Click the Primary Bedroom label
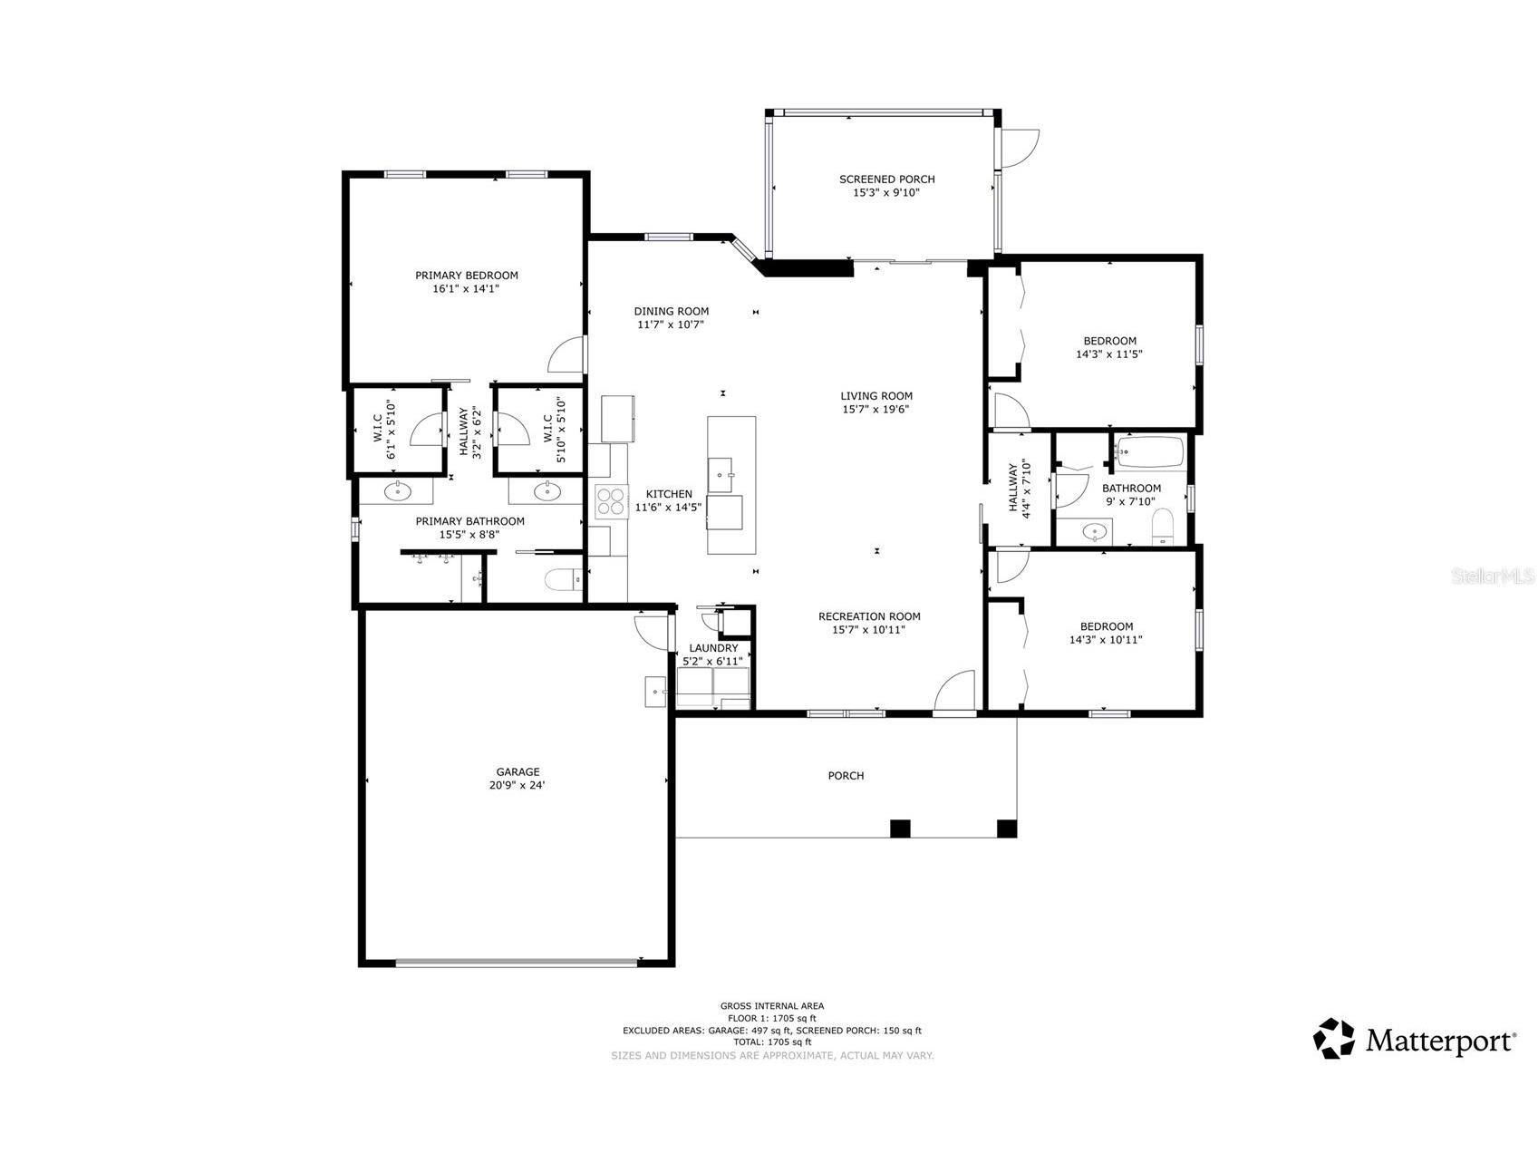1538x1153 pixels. coord(466,276)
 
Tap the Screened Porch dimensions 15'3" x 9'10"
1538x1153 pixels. coord(886,192)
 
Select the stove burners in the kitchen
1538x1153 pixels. coord(611,501)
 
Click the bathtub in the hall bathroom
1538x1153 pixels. coord(1150,451)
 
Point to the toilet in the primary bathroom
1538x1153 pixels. coord(565,579)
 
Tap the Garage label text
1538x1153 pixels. coord(518,772)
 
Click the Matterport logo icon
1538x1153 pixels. coord(1334,1039)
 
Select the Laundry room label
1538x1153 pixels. coord(713,648)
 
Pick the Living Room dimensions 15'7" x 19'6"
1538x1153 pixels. coord(875,409)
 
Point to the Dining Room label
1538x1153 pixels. coord(671,311)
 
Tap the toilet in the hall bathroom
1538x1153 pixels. coord(1163,527)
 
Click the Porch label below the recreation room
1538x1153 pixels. coord(845,776)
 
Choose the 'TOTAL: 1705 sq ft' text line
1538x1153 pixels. coord(771,1042)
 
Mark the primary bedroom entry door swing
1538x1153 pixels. coord(568,355)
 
